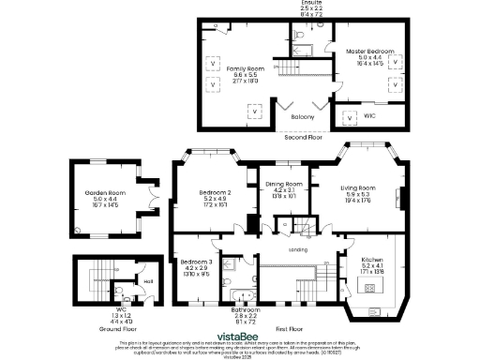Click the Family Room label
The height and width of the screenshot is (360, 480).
pyautogui.click(x=243, y=69)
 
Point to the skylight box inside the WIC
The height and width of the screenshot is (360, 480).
pyautogui.click(x=351, y=118)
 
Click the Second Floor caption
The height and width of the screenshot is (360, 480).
pyautogui.click(x=302, y=137)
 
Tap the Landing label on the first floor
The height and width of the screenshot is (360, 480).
pyautogui.click(x=299, y=250)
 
